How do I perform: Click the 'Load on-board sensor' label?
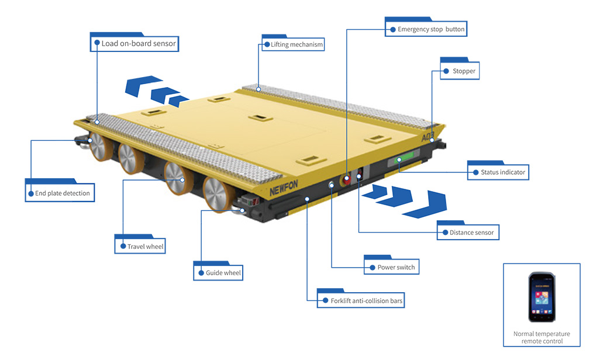[x=135, y=44]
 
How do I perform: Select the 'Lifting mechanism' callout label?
[x=293, y=44]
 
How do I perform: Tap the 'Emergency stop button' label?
[x=426, y=29]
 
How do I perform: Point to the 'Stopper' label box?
[x=460, y=71]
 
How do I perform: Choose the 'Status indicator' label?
[x=498, y=172]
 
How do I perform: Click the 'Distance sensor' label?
[x=468, y=232]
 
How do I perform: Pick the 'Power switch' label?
[x=391, y=267]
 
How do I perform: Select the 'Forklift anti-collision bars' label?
[x=361, y=301]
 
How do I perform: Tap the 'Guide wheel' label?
[x=218, y=273]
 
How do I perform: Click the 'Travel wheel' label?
[x=140, y=247]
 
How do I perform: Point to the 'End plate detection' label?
[x=60, y=193]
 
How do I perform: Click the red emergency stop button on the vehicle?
[x=346, y=179]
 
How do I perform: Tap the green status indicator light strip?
[x=405, y=157]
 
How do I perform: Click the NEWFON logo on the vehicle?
[x=284, y=188]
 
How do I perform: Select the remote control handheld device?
[x=542, y=297]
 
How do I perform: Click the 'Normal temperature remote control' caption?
[x=542, y=337]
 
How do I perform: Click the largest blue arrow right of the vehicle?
[x=427, y=205]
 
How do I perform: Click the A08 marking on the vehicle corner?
[x=427, y=137]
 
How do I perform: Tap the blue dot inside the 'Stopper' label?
[x=446, y=71]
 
